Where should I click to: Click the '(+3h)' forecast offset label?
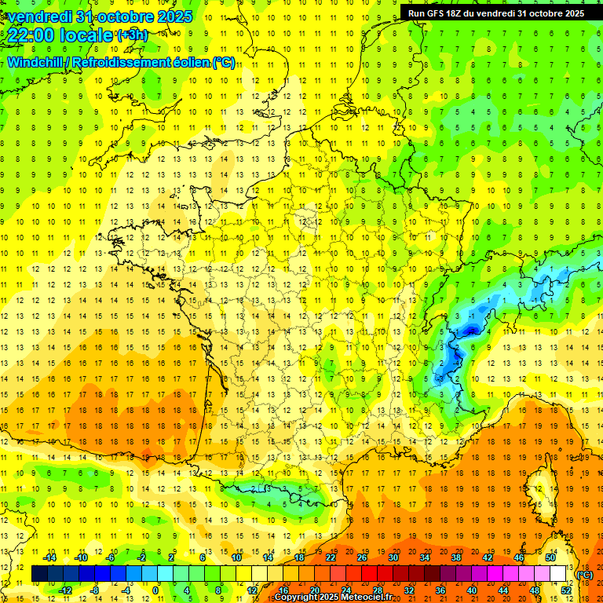(131, 35)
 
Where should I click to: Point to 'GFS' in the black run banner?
(438, 13)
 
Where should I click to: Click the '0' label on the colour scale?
(155, 590)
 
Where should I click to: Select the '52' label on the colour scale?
(565, 590)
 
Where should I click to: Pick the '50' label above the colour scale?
(550, 557)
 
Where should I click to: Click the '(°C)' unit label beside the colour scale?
(585, 575)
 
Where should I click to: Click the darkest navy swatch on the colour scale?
(39, 575)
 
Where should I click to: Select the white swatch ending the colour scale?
(558, 575)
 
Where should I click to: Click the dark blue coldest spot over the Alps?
(470, 331)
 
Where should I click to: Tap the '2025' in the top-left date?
(174, 16)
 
